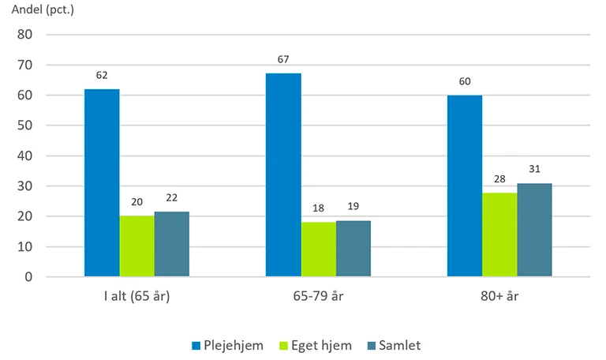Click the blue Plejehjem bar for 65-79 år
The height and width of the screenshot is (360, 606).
pos(283,175)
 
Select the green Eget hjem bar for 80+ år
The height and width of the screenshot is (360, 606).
pos(499,235)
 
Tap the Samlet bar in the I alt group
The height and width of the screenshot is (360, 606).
pos(172,245)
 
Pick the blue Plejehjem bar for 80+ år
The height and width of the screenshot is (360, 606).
pos(465,186)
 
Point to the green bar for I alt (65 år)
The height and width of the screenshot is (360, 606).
pos(137,246)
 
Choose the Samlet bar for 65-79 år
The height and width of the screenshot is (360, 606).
pos(353,249)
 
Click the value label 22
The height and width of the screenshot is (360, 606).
pos(172,199)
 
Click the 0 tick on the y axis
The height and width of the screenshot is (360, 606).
pos(28,277)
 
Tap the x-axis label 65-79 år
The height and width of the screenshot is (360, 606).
pos(318,298)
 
